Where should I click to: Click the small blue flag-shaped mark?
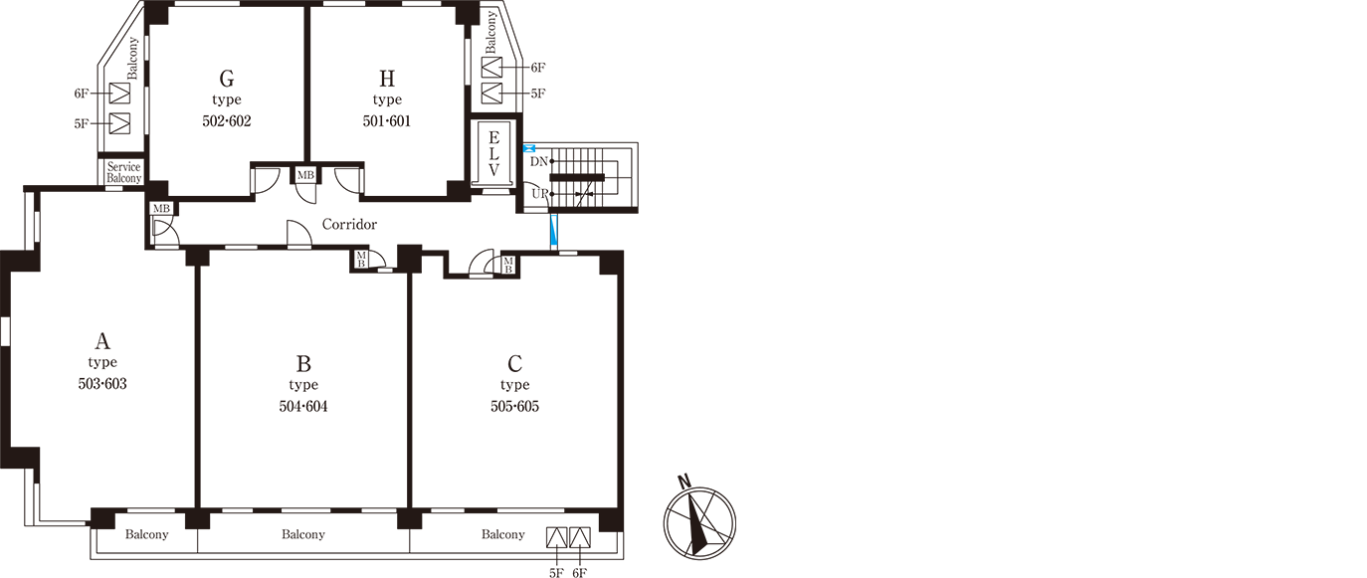click(530, 150)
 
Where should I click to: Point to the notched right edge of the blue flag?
click(537, 150)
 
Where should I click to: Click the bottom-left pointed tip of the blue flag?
click(525, 156)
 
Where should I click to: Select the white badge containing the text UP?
click(538, 192)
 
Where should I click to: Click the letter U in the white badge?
click(534, 194)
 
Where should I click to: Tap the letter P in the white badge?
click(543, 193)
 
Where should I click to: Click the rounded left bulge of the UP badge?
click(529, 193)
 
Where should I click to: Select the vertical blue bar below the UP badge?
click(553, 231)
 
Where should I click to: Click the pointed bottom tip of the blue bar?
click(553, 247)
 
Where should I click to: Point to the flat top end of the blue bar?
click(553, 215)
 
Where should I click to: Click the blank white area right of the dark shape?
click(1045, 298)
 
